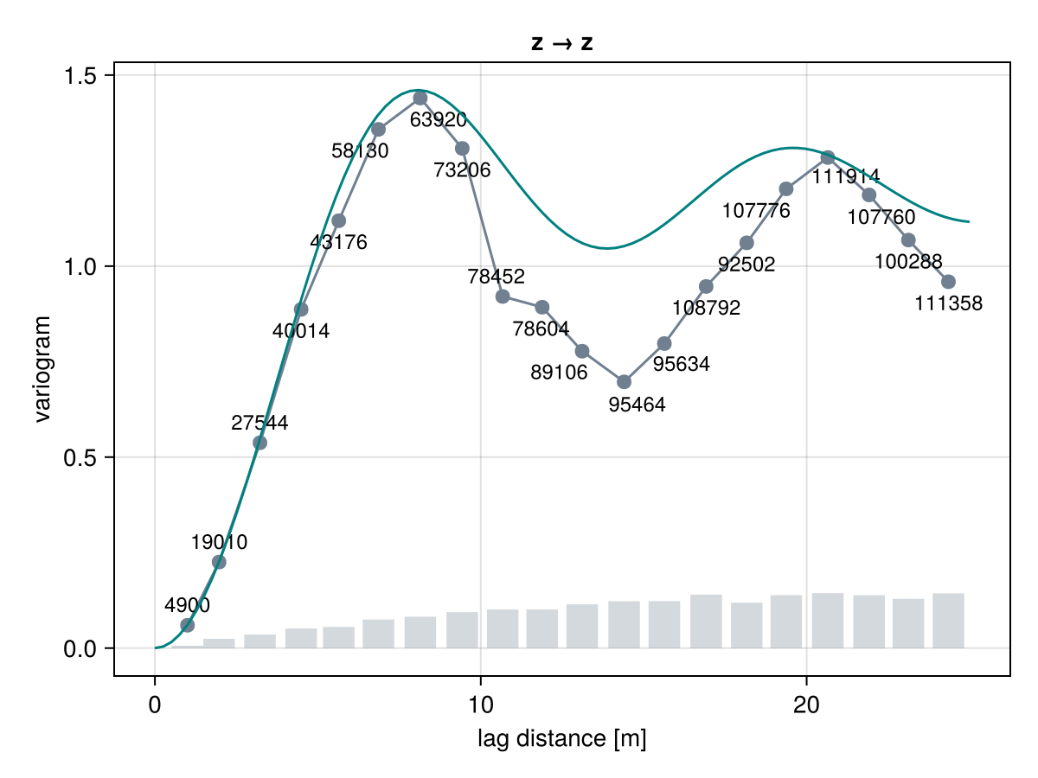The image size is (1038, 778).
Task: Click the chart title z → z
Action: click(561, 43)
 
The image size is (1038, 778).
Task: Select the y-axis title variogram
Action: click(42, 369)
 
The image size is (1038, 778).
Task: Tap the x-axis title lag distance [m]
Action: click(561, 738)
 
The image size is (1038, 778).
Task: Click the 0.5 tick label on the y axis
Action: click(80, 457)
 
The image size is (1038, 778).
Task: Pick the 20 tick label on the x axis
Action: click(806, 705)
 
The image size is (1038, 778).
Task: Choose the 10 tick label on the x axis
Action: click(480, 705)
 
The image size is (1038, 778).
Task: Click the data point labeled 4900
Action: click(187, 625)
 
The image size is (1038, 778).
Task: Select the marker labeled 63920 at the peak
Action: click(420, 99)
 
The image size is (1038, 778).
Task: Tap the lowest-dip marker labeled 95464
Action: click(624, 382)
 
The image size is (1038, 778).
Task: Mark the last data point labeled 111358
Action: click(948, 282)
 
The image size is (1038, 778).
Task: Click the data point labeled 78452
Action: click(503, 297)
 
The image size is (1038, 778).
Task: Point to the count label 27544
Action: click(259, 423)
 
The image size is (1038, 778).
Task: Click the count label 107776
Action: click(756, 210)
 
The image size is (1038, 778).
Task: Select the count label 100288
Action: click(908, 261)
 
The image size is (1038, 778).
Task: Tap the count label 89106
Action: click(559, 373)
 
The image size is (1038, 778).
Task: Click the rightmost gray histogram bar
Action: click(948, 621)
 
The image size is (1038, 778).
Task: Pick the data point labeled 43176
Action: click(338, 220)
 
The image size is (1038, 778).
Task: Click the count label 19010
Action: click(219, 542)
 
